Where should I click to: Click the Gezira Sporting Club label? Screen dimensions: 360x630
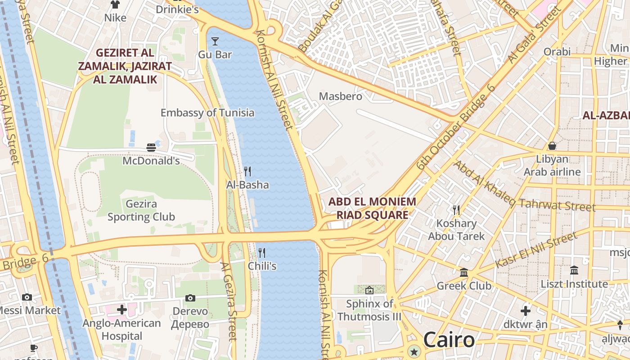141,211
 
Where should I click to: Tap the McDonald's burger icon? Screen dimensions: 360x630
151,147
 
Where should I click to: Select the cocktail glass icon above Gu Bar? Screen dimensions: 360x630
215,41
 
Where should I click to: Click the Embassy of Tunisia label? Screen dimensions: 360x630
207,113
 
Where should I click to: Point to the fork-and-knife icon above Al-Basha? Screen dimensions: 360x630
247,171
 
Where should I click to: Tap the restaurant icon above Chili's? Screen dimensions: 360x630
262,252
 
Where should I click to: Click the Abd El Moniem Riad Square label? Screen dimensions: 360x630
372,208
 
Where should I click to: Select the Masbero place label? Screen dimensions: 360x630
340,96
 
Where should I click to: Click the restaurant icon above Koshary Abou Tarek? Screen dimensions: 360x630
456,209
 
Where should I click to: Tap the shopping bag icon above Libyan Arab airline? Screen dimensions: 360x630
552,146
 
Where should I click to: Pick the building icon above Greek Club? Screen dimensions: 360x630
464,272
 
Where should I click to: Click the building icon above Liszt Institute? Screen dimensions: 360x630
574,270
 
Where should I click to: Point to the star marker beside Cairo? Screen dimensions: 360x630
414,351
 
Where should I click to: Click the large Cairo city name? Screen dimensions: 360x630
449,340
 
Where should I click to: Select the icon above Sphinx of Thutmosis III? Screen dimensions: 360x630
369,290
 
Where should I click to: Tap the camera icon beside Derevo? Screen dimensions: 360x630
190,298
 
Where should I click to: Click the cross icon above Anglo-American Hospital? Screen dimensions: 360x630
121,310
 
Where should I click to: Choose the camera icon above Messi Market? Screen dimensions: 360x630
27,297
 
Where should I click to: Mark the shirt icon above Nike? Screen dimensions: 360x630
115,4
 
